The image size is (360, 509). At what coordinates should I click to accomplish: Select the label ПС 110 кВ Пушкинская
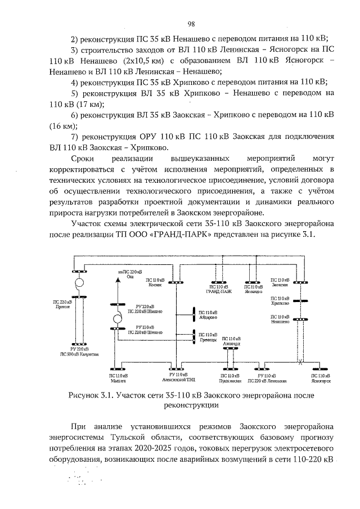[x=231, y=378]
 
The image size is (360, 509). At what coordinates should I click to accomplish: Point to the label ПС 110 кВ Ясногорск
[x=319, y=378]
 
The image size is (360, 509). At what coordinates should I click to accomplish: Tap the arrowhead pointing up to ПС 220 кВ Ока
[x=118, y=284]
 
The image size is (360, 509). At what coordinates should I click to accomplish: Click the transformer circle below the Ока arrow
[x=118, y=319]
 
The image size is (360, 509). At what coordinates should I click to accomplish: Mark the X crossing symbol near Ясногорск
[x=300, y=362]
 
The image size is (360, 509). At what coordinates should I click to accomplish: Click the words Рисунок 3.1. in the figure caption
[x=89, y=395]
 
